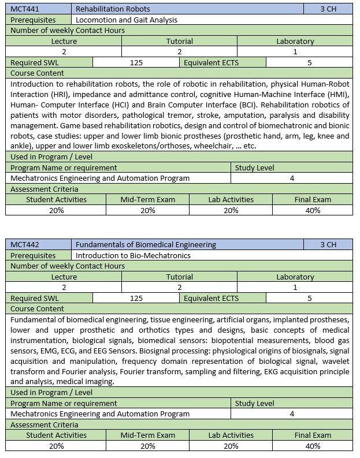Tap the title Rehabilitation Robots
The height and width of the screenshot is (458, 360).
click(113, 9)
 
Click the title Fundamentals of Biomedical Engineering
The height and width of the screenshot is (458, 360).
click(146, 244)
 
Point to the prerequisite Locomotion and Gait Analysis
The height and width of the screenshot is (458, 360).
click(127, 20)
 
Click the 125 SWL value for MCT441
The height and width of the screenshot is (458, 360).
click(136, 62)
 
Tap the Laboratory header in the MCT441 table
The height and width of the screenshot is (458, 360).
click(295, 41)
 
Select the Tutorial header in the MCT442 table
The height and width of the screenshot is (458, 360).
click(180, 277)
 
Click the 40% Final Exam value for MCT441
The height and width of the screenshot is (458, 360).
click(313, 210)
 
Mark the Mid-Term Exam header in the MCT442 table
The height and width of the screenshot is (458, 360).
click(147, 435)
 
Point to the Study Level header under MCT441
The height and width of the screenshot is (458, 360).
click(255, 167)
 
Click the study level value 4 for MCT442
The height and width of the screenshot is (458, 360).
click(292, 414)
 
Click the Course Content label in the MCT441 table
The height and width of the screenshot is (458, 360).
click(38, 73)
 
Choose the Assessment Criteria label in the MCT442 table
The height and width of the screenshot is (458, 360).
click(44, 425)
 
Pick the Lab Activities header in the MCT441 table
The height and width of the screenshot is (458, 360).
click(231, 199)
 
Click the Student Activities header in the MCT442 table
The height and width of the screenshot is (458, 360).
click(56, 435)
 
